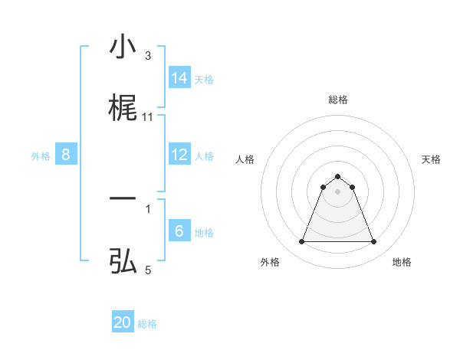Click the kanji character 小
point(123,47)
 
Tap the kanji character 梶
point(123,108)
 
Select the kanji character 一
point(123,200)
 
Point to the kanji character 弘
point(123,261)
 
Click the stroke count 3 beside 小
point(148,56)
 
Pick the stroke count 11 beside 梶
point(148,117)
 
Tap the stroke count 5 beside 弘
point(148,270)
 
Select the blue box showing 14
point(179,78)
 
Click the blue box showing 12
point(179,155)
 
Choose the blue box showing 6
point(179,231)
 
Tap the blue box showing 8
point(66,155)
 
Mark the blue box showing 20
point(123,323)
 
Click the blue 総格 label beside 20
point(147,324)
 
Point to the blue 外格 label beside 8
point(41,156)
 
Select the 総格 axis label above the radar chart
point(337,100)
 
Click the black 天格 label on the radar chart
point(431,159)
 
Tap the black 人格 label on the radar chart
point(245,159)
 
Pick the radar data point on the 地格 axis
point(374,242)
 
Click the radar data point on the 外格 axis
point(301,242)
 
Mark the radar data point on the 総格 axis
point(337,176)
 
